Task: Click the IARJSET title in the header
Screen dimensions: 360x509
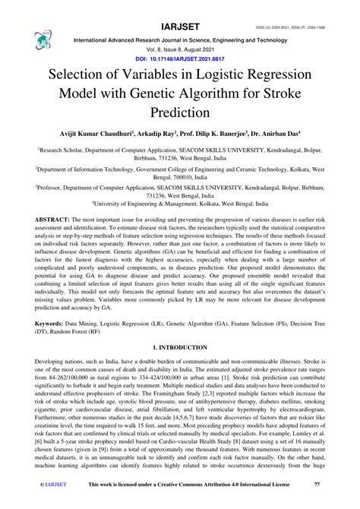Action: point(180,10)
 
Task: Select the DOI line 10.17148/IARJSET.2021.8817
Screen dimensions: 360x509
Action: point(180,57)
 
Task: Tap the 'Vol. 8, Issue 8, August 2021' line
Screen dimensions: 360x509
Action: point(180,46)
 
